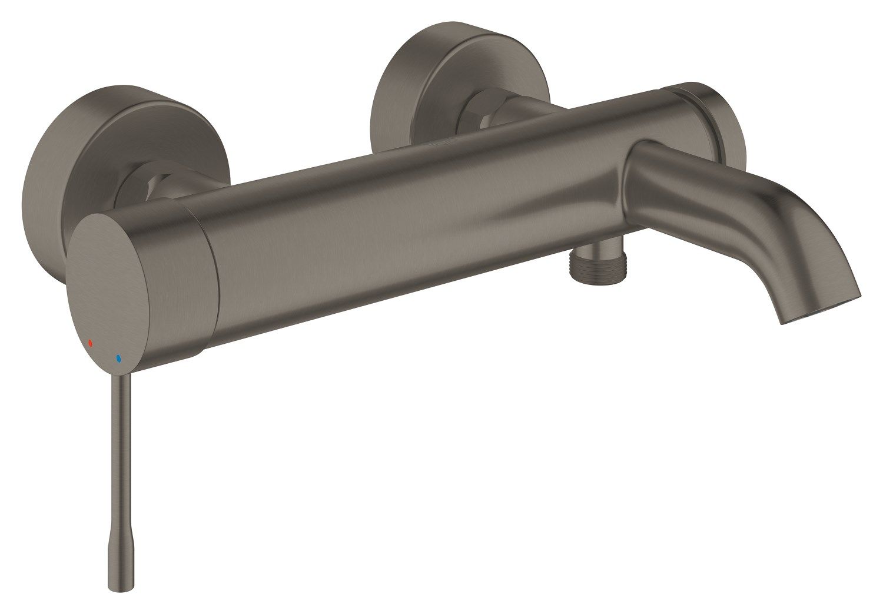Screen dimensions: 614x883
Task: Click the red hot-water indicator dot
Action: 90,342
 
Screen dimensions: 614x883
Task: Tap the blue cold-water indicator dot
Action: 118,357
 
